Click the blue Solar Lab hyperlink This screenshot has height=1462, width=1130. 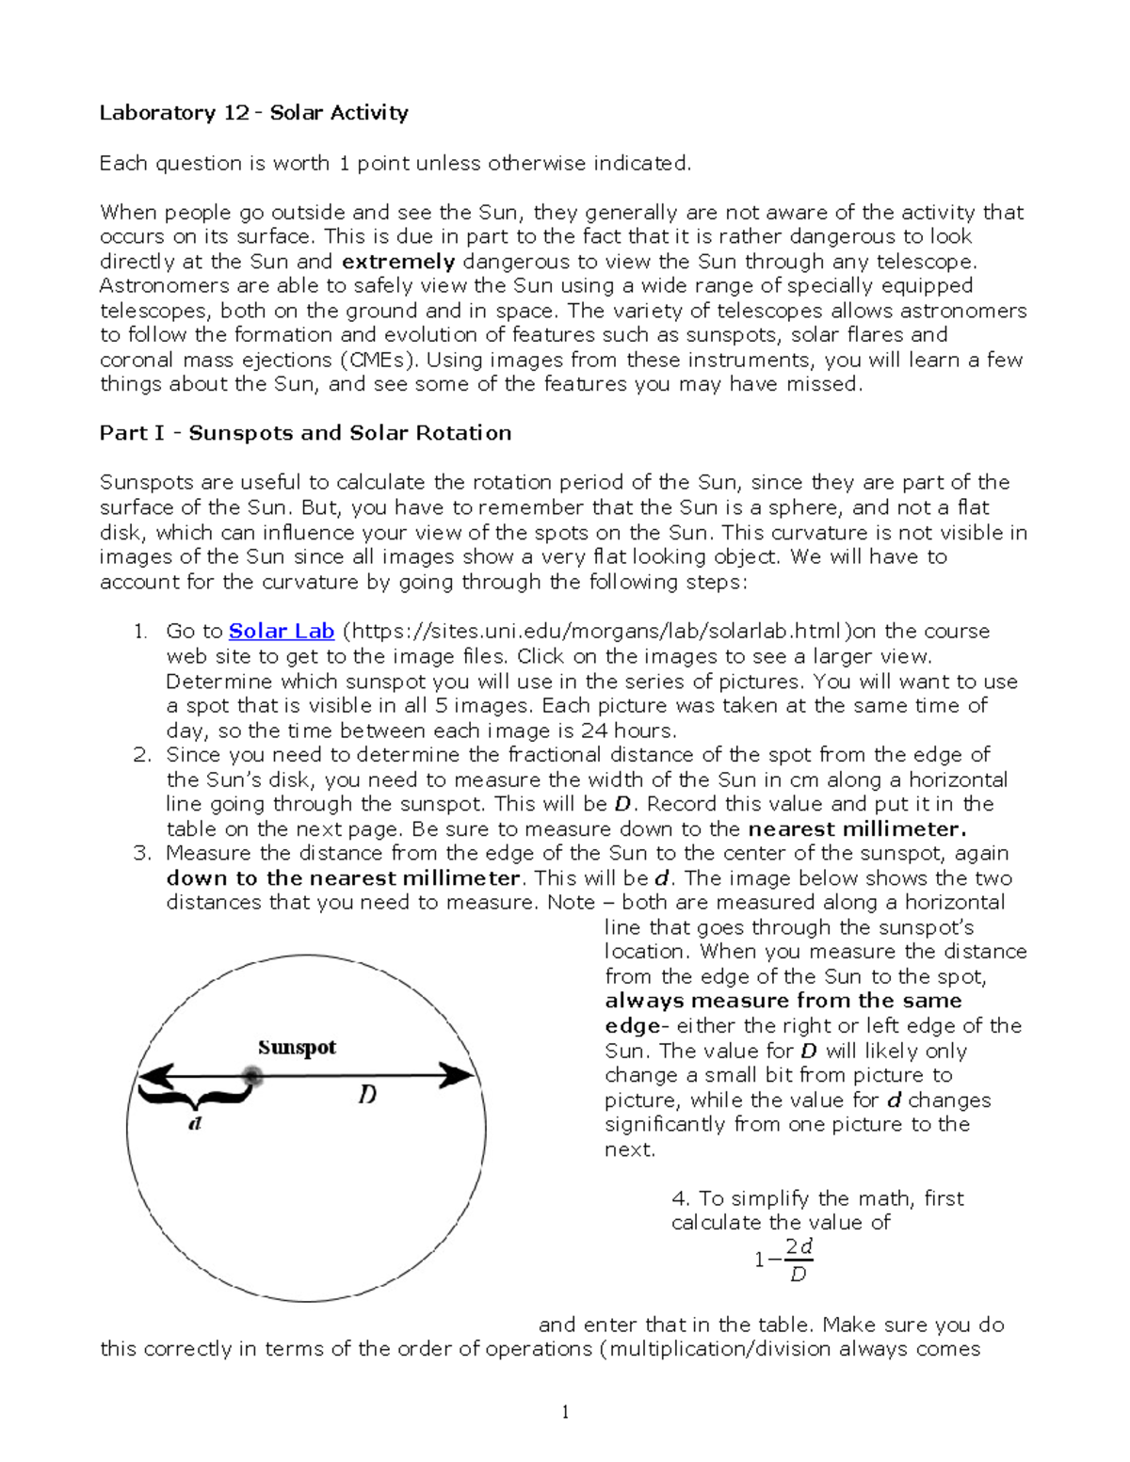tap(282, 632)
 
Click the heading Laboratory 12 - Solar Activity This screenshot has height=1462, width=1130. tap(253, 113)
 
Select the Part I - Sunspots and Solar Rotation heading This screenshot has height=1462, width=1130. tap(305, 433)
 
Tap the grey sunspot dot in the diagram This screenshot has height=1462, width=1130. tap(251, 1076)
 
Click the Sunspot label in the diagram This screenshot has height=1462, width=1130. tap(297, 1048)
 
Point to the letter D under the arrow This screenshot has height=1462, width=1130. tap(367, 1095)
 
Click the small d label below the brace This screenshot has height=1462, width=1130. tap(195, 1123)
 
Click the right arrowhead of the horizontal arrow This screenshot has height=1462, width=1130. tap(459, 1075)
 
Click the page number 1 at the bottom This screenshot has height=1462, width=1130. tap(565, 1411)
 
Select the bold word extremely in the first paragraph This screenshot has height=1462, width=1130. tap(398, 262)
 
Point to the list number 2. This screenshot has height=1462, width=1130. tap(141, 755)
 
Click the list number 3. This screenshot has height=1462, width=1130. tap(141, 854)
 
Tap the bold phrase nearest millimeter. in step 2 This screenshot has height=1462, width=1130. tap(857, 829)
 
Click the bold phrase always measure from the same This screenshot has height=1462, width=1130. tap(783, 1001)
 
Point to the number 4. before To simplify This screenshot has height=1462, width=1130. tap(681, 1198)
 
